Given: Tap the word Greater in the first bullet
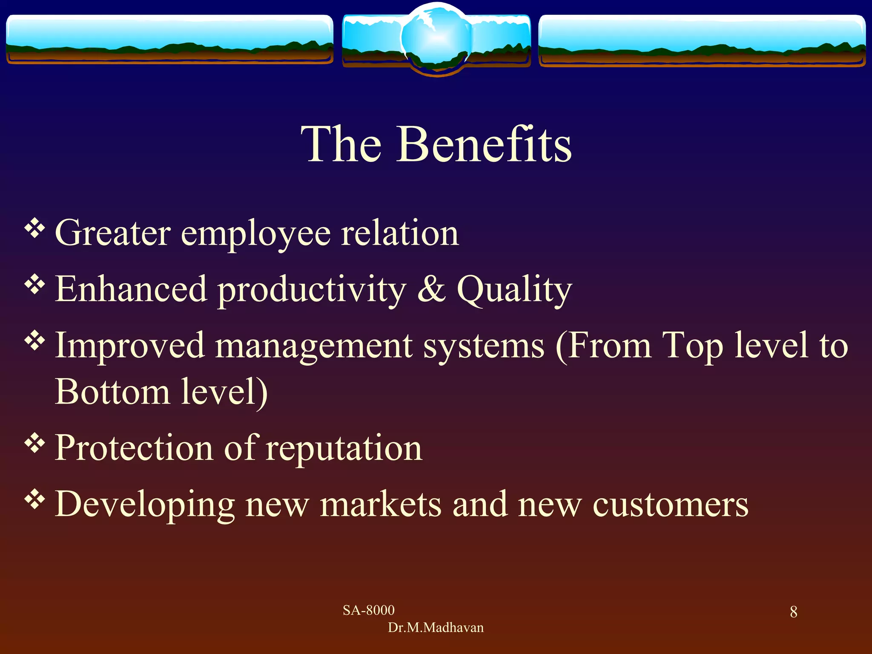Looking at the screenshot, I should click(113, 233).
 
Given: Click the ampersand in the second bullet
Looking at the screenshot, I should click(431, 289).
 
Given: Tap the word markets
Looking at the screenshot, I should click(381, 504).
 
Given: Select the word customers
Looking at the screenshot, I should click(670, 505).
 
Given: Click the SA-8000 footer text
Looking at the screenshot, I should click(369, 610).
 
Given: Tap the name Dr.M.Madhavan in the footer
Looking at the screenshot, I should click(436, 628).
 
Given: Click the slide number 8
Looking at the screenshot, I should click(794, 612).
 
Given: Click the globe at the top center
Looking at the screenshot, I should click(436, 38).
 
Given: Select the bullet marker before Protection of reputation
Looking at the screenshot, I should click(35, 444).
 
